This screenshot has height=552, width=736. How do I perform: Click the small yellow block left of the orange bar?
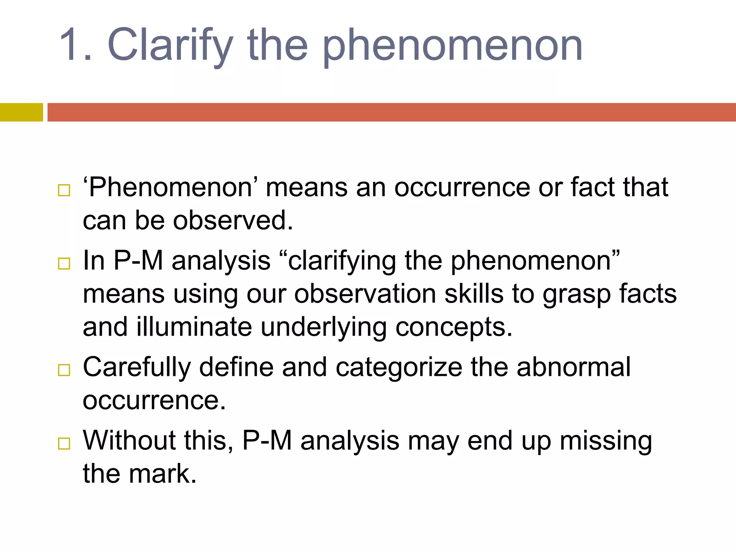pyautogui.click(x=21, y=112)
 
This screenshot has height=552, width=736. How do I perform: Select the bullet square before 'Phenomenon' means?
pyautogui.click(x=64, y=190)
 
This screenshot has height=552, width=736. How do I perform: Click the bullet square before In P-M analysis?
pyautogui.click(x=64, y=264)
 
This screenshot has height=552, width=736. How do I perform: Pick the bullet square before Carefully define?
pyautogui.click(x=64, y=370)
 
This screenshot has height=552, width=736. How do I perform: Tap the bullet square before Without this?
pyautogui.click(x=64, y=444)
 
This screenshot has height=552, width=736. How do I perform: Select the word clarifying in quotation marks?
pyautogui.click(x=342, y=261)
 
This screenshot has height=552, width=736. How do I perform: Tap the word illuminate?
pyautogui.click(x=194, y=327)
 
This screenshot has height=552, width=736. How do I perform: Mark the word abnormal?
pyautogui.click(x=574, y=367)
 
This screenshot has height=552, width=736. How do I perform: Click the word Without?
pyautogui.click(x=129, y=441)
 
